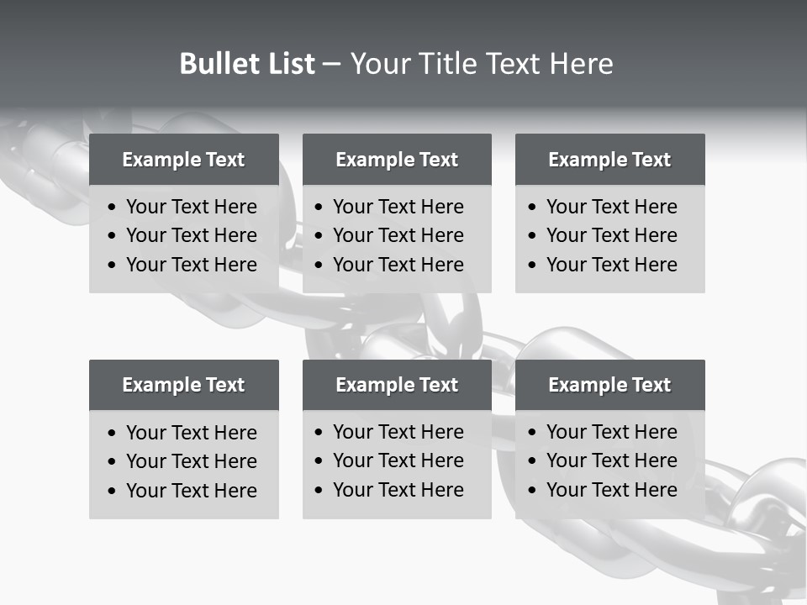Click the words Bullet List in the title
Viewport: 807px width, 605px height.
247,64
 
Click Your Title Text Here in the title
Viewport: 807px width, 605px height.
481,64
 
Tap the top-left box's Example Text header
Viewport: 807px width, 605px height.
183,160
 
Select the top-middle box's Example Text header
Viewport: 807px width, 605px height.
397,160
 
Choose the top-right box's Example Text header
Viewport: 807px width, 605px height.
609,160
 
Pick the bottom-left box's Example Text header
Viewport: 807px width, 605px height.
183,385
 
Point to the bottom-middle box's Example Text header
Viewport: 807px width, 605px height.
397,385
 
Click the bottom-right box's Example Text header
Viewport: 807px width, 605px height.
609,385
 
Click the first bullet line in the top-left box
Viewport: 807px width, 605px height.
191,207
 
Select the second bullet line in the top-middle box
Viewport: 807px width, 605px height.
398,235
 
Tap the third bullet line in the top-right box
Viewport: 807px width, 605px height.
611,265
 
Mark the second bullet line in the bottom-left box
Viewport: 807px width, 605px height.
191,461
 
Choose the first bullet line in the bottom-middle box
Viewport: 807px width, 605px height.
398,432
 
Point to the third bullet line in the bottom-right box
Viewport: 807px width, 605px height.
611,490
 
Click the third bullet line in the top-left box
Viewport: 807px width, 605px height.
191,265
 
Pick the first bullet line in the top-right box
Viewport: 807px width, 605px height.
611,207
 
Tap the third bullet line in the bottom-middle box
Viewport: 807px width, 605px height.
398,490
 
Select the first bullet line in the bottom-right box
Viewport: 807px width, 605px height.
611,432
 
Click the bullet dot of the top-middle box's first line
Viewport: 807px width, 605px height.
319,208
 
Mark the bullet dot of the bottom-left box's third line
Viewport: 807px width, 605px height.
113,492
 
